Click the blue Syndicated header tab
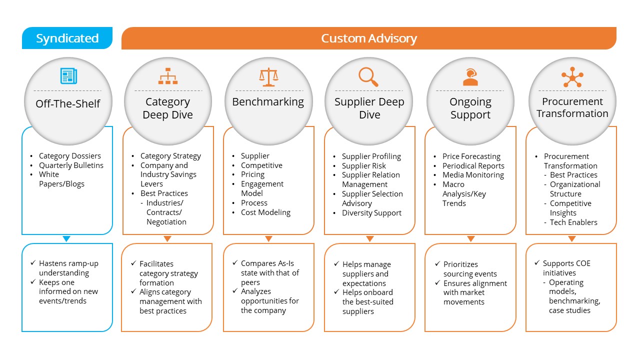pos(67,38)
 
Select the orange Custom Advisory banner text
pos(368,38)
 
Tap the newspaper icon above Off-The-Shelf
pos(68,76)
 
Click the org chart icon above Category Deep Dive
pos(168,76)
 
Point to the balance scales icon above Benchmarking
pos(268,76)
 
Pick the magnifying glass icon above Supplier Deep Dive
pos(368,76)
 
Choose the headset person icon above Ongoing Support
pos(470,77)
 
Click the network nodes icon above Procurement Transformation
pos(572,77)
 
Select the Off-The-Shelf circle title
pos(68,104)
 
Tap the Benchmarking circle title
pos(268,102)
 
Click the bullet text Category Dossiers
pos(70,156)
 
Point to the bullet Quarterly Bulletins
pos(71,165)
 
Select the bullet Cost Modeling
pos(265,212)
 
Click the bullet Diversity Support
pos(371,213)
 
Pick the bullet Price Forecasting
pos(471,156)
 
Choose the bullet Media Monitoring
pos(473,175)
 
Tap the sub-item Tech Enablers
pos(573,222)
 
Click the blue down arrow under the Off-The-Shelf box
pos(67,239)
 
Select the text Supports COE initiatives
pos(566,268)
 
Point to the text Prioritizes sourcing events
pos(470,269)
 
